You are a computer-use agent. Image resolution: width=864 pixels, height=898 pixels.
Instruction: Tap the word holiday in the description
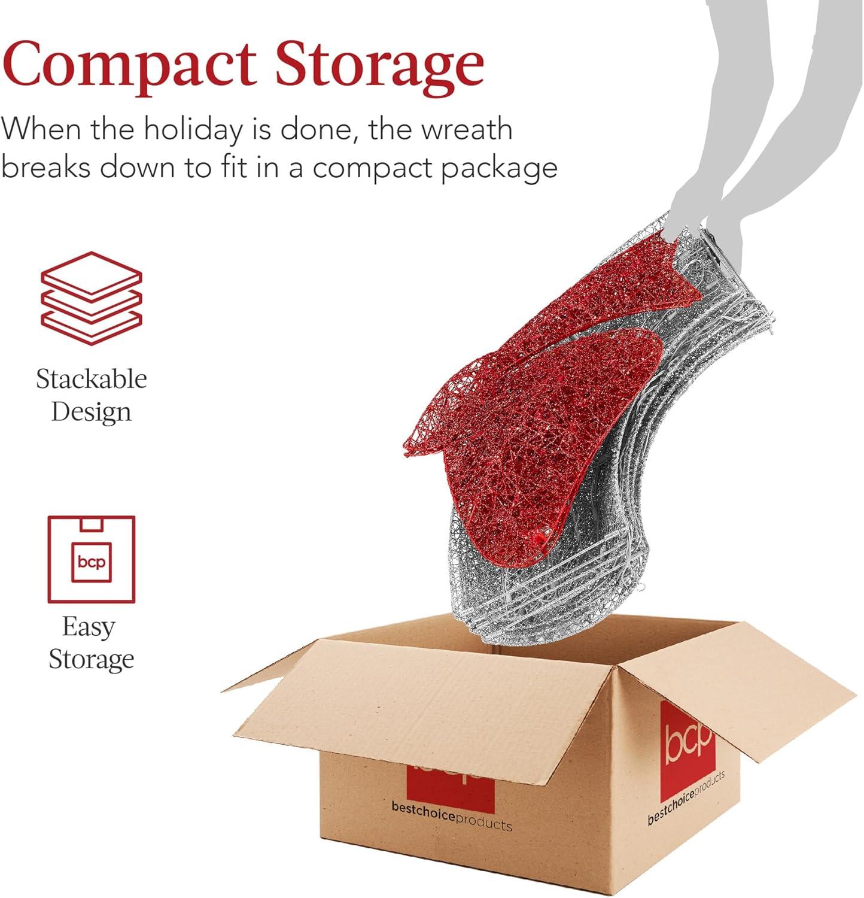coord(194,130)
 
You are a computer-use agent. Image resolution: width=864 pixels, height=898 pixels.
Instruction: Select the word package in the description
coord(499,168)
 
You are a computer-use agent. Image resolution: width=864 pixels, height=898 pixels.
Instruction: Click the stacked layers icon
coord(92,298)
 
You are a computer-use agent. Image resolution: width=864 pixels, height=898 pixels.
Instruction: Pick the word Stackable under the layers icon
coord(92,379)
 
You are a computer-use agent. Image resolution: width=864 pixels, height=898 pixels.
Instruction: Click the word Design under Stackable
coord(91,412)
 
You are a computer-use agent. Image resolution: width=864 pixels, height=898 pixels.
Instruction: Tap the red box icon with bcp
coord(92,559)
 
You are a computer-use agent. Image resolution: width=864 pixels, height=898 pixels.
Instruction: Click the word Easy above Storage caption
coord(89,628)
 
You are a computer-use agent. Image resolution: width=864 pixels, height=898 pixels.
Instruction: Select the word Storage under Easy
coord(91,660)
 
